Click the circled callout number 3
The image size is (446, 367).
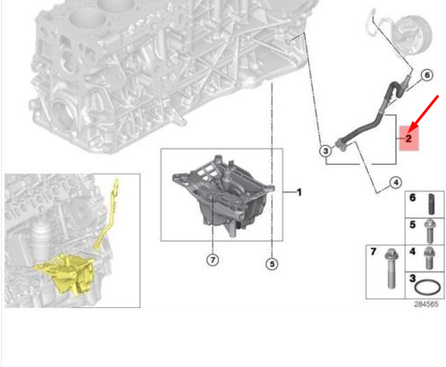[x=325, y=151]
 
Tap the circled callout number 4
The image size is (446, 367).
[x=396, y=183]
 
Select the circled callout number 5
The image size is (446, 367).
[x=272, y=264]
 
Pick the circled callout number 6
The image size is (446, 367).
[x=427, y=75]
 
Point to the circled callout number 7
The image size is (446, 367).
[x=213, y=260]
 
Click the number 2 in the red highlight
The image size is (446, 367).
[x=408, y=139]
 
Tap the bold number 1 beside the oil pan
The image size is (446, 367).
[x=299, y=192]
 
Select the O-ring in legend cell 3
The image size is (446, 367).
[x=427, y=287]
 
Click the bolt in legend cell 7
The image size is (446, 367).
[x=391, y=269]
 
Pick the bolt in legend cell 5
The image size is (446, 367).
[x=429, y=231]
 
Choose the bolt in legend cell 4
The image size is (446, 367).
[x=429, y=258]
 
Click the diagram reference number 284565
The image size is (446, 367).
[x=426, y=304]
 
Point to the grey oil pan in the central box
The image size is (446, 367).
[x=223, y=195]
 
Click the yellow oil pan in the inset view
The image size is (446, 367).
[x=64, y=274]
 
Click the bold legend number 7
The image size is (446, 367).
[x=374, y=252]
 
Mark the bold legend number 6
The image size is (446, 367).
[x=413, y=198]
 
